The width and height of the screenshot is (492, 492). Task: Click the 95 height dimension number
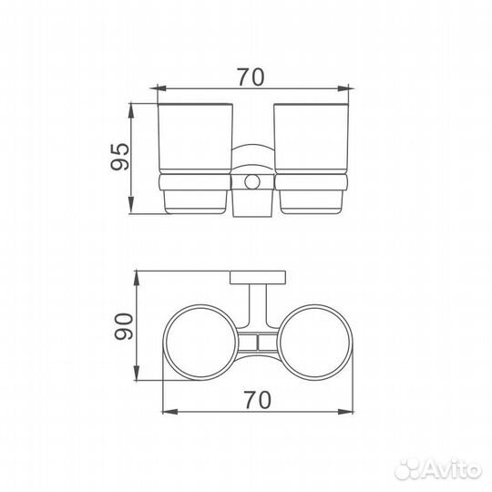point(118,159)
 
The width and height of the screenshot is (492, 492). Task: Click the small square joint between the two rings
point(259,343)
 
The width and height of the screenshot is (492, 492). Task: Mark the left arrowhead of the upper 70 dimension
point(157,88)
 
